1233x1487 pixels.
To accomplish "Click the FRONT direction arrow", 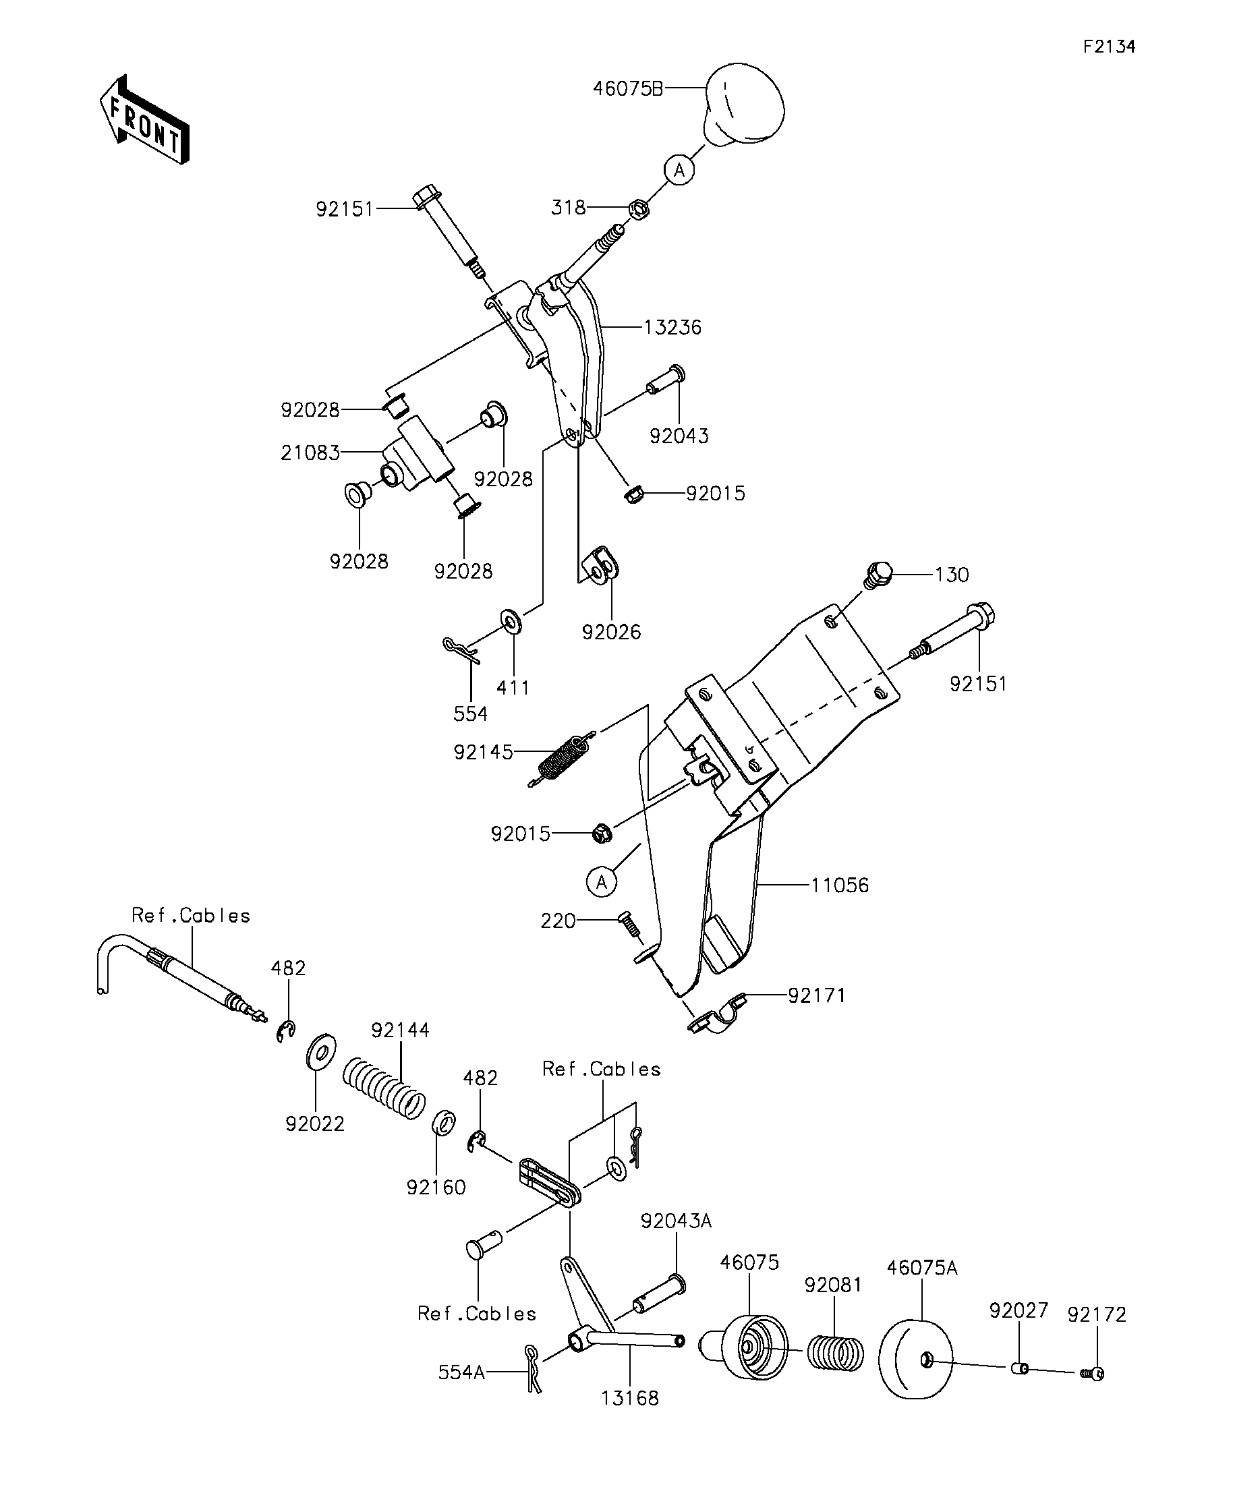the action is coord(144,119).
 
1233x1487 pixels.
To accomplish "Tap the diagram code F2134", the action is coord(1109,47).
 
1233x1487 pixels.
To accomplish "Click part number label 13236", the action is coord(672,327).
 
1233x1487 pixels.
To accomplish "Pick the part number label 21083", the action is coord(310,453).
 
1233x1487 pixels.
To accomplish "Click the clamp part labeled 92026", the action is coord(601,564).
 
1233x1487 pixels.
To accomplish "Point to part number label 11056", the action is coord(839,885).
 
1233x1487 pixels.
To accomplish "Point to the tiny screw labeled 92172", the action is coord(1093,1374).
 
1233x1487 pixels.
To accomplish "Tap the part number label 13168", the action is coord(629,1398).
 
